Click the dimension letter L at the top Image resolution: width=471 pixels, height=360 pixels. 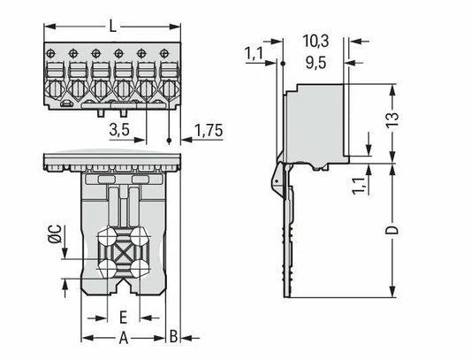point(112,27)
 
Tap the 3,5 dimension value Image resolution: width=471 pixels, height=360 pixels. point(119,130)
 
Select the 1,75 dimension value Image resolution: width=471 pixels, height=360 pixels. point(209,131)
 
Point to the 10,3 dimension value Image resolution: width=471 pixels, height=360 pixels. point(315,42)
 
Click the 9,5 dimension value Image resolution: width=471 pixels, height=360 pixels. point(315,63)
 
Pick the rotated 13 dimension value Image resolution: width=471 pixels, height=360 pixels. point(392,120)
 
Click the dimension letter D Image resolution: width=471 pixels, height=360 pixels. point(392,230)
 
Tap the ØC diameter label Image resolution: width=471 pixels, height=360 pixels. point(55,234)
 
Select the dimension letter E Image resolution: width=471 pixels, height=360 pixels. point(123,318)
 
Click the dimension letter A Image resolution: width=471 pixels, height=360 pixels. point(124,338)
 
